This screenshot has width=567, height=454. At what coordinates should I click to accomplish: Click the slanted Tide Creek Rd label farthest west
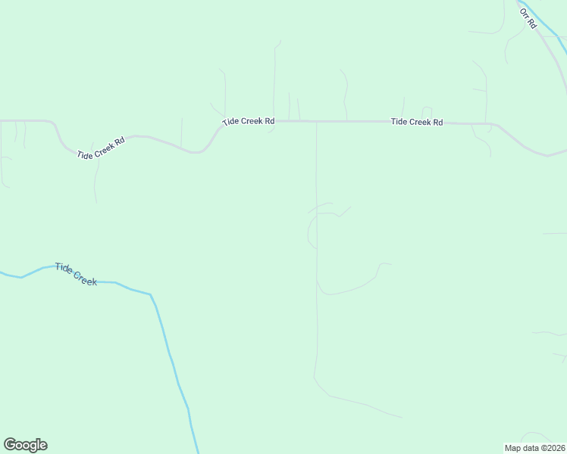(x=100, y=148)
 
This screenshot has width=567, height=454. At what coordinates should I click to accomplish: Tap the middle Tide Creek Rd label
(x=248, y=122)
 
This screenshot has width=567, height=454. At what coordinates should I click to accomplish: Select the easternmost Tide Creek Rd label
(x=416, y=122)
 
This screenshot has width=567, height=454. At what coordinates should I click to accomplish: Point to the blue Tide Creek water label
(x=76, y=274)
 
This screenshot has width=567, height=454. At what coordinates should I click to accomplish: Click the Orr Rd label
(x=528, y=19)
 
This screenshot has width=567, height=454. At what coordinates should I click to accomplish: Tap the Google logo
(x=25, y=445)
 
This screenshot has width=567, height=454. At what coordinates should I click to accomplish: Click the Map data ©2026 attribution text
(x=534, y=447)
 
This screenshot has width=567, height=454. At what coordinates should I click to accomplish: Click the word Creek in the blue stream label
(x=85, y=278)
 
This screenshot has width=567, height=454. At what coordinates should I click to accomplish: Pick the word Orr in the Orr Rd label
(x=524, y=14)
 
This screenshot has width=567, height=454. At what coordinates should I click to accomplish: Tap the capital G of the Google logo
(x=10, y=445)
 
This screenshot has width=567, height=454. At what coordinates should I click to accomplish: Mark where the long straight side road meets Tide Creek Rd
(x=316, y=121)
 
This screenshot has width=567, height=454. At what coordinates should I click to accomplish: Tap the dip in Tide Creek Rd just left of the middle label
(x=199, y=151)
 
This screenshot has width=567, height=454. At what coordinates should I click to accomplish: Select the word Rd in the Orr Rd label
(x=532, y=24)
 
